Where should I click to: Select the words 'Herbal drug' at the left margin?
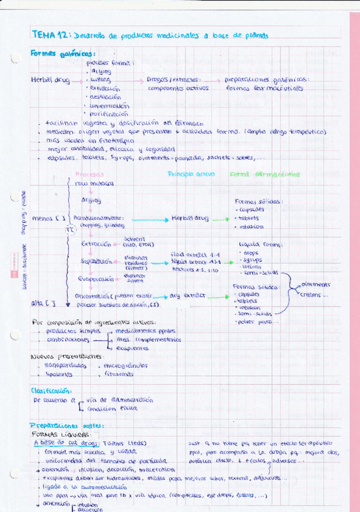tap(48, 79)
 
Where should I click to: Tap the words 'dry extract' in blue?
tap(188, 296)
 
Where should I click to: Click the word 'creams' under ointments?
tap(313, 294)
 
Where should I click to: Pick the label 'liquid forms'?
tap(260, 245)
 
